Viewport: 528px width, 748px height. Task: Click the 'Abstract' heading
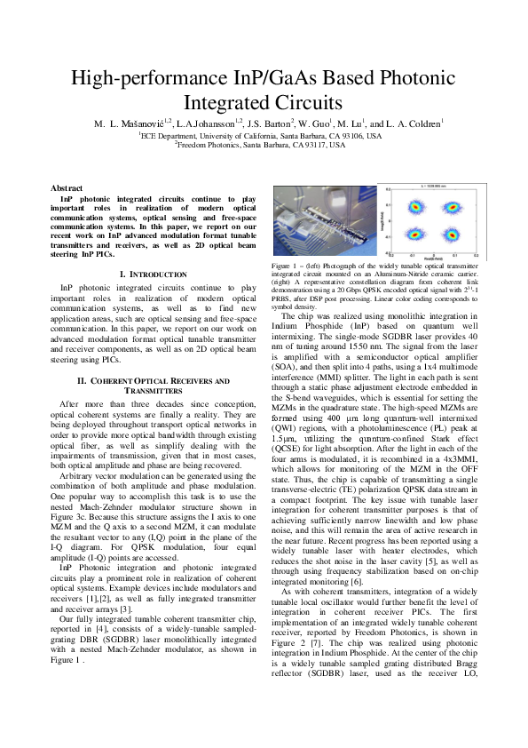pyautogui.click(x=67, y=189)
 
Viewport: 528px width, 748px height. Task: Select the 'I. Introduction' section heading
pyautogui.click(x=154, y=275)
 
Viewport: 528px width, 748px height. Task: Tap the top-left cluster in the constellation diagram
pyautogui.click(x=413, y=208)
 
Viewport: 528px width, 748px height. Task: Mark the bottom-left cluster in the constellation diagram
pyautogui.click(x=413, y=236)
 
